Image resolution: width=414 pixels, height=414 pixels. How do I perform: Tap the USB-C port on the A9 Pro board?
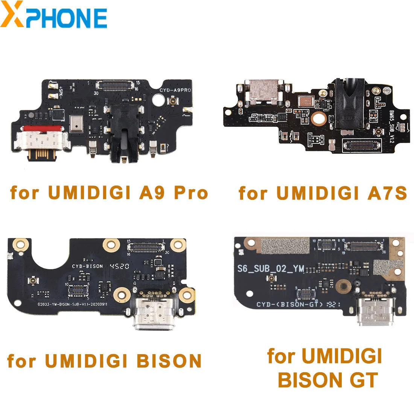click(x=40, y=142)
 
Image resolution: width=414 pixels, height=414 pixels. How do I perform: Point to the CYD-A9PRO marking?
click(x=175, y=90)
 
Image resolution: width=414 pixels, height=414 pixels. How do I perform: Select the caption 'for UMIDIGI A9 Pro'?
click(x=109, y=193)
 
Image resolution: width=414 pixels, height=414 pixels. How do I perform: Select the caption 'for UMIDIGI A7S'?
click(x=323, y=193)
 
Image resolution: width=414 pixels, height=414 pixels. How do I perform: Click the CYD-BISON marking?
click(x=87, y=266)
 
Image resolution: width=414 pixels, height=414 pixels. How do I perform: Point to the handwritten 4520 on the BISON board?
click(x=119, y=266)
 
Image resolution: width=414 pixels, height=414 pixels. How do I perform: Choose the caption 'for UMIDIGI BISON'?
click(x=104, y=361)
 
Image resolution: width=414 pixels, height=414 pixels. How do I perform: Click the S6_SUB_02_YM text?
click(x=270, y=268)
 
